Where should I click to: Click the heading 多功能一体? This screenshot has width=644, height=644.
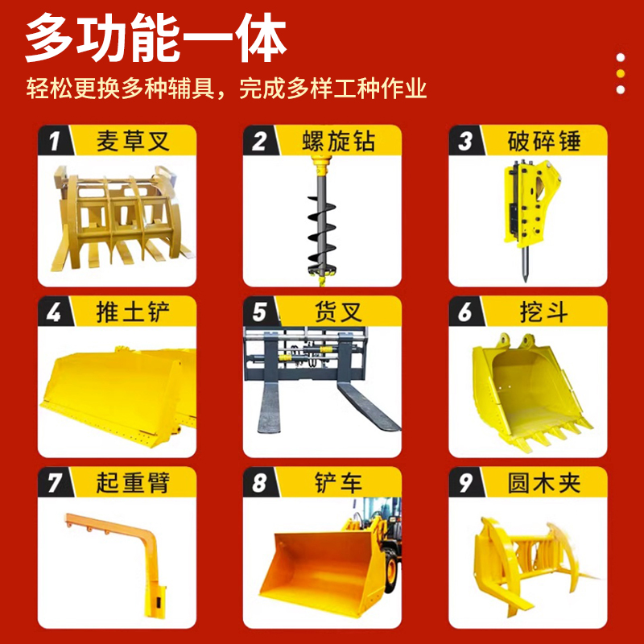coord(155,38)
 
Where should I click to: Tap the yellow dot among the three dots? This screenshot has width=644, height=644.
coord(621,73)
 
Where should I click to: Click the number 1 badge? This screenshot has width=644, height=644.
coord(54,141)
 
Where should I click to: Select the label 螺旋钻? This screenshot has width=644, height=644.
coord(338,141)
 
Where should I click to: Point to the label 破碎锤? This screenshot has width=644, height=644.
coord(544,141)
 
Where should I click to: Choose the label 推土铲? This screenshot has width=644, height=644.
coord(133,312)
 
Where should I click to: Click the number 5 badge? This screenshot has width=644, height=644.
coord(259,312)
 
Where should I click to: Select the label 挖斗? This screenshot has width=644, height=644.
coord(544,312)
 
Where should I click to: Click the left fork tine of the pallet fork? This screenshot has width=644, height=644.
coord(269,407)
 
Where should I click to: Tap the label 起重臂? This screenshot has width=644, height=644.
coord(133,482)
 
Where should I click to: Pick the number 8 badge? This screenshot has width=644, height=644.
coord(259,482)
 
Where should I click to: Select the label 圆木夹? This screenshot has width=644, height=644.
coord(544,482)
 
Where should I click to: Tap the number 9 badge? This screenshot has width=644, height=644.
coord(465,482)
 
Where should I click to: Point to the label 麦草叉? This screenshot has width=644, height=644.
coord(133,141)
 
